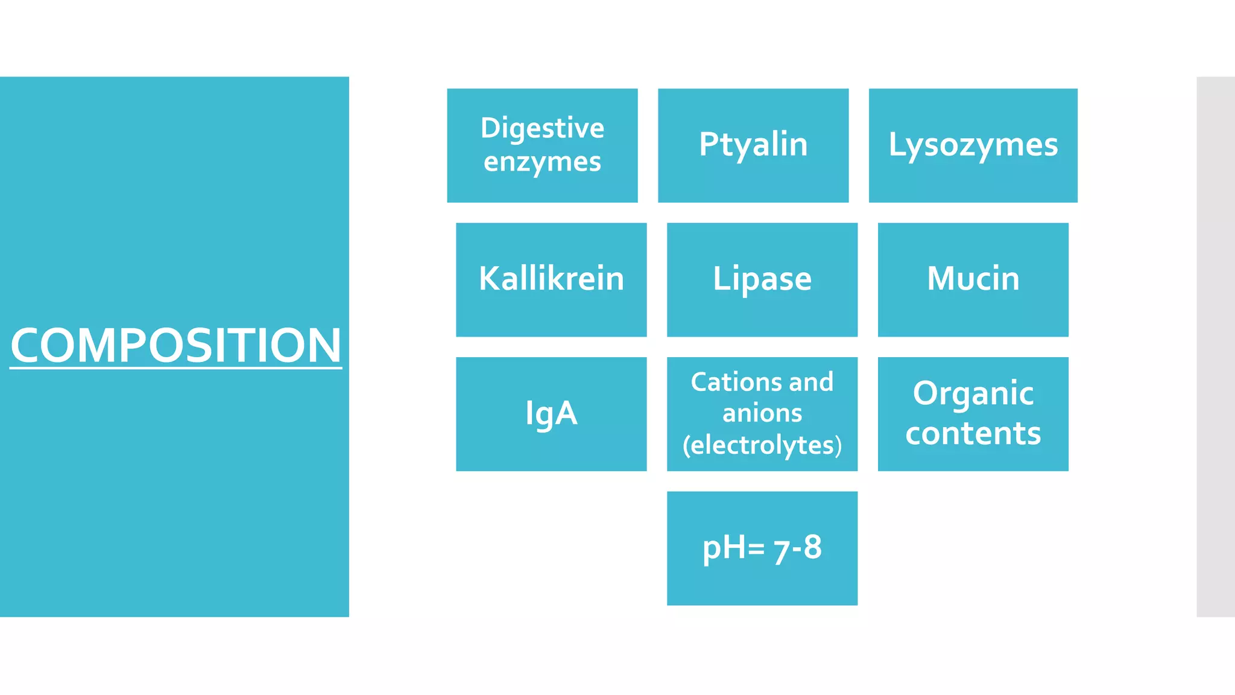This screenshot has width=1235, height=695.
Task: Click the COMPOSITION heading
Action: (x=175, y=345)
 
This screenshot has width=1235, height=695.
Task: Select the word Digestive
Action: (x=542, y=129)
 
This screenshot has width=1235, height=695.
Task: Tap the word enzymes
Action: (x=542, y=162)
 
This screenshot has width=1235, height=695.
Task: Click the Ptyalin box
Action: (x=753, y=145)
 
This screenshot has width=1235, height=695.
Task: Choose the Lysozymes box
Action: (x=973, y=145)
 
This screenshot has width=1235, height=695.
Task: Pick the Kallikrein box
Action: (x=551, y=279)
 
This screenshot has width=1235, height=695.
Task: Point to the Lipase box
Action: (x=762, y=279)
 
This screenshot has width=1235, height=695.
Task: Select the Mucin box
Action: (x=973, y=279)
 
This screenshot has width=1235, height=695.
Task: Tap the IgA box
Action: (x=551, y=414)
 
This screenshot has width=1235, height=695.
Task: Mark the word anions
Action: (x=762, y=414)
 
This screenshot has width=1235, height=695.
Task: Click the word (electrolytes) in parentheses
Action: (x=762, y=446)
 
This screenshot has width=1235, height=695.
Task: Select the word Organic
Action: (x=973, y=394)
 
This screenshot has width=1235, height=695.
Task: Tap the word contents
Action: (x=973, y=434)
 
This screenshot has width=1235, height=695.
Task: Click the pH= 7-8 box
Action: (x=762, y=548)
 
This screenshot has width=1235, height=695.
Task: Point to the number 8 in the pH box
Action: (x=812, y=547)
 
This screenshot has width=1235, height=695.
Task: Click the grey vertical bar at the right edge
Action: (x=1215, y=346)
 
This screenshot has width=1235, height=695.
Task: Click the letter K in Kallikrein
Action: (x=490, y=279)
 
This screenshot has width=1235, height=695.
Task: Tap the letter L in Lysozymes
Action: (x=897, y=145)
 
